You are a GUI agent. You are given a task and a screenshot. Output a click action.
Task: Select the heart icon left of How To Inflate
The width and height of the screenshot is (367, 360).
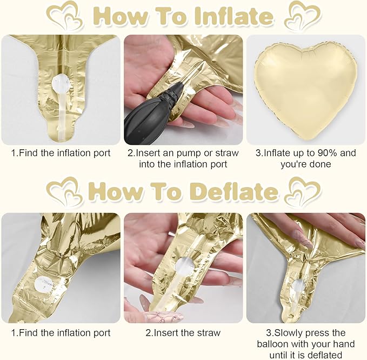point(64,16)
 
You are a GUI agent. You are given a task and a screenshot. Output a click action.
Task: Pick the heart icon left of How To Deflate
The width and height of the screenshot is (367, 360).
point(64,191)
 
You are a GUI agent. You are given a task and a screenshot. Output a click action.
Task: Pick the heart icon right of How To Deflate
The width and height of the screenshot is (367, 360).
point(303,191)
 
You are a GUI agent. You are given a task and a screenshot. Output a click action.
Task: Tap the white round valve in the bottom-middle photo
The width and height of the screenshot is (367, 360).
point(182,265)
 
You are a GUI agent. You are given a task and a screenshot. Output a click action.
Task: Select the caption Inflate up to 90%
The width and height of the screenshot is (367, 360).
point(305,158)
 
